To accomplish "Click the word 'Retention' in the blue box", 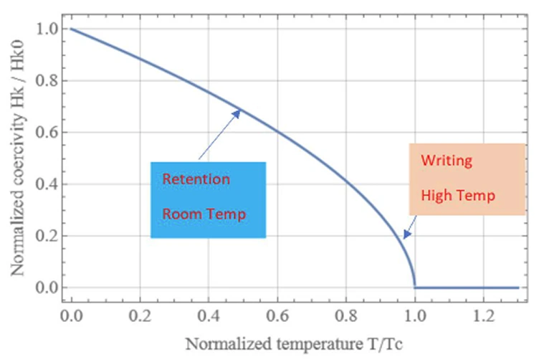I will pyautogui.click(x=196, y=179).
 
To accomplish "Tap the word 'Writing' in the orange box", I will pyautogui.click(x=447, y=160).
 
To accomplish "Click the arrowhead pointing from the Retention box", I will pyautogui.click(x=239, y=111).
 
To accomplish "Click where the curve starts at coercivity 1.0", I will pyautogui.click(x=71, y=29).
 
